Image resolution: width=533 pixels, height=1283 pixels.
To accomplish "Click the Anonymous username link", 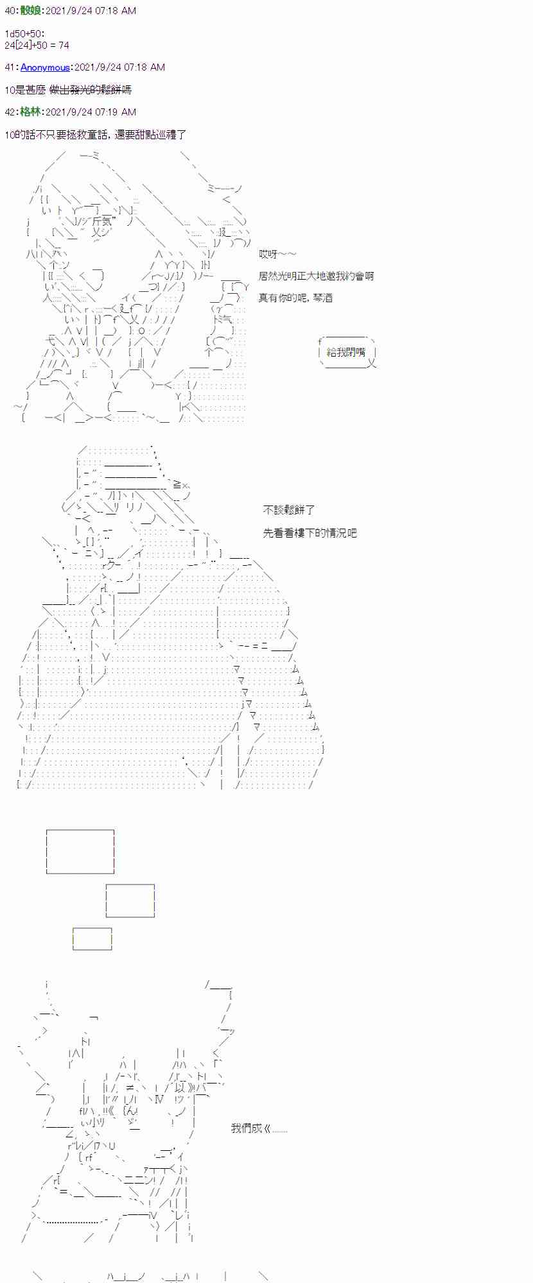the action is tap(45, 67).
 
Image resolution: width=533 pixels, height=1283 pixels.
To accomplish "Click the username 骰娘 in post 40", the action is tap(31, 11).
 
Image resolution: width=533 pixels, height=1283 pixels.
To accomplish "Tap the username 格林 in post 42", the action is tap(31, 112).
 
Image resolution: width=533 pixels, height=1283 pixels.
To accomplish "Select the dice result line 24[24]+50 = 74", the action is tap(37, 45).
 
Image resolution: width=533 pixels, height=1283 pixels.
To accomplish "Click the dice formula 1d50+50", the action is tap(25, 33).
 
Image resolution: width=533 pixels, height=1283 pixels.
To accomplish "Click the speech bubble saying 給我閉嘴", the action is tap(346, 352).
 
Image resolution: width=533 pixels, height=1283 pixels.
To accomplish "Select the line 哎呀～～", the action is tap(277, 254).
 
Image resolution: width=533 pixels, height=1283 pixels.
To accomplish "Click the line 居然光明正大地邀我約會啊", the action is tap(316, 276).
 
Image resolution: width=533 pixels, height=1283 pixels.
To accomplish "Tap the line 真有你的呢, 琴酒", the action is tap(295, 298).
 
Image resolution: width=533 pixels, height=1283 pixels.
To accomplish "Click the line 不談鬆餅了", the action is tap(289, 510).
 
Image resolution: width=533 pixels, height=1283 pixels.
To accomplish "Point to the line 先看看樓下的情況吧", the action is tap(310, 532).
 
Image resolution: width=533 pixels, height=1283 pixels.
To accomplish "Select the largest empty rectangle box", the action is tap(80, 851).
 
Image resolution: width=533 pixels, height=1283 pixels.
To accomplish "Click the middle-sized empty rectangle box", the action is tap(130, 901).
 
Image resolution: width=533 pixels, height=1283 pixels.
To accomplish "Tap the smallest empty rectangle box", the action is tap(92, 939).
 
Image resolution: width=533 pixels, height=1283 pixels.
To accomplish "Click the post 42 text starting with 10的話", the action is tap(95, 135).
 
